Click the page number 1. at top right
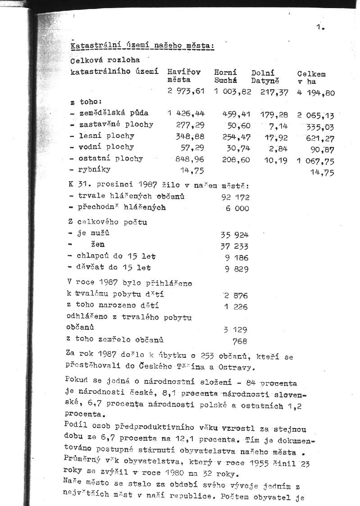tap(320, 27)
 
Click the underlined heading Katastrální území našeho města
tap(142, 46)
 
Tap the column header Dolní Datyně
tap(265, 77)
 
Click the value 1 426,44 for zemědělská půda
tap(186, 113)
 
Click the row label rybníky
tap(93, 170)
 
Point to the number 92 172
tap(235, 197)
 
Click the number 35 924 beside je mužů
tap(234, 234)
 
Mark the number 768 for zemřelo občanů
tap(240, 341)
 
